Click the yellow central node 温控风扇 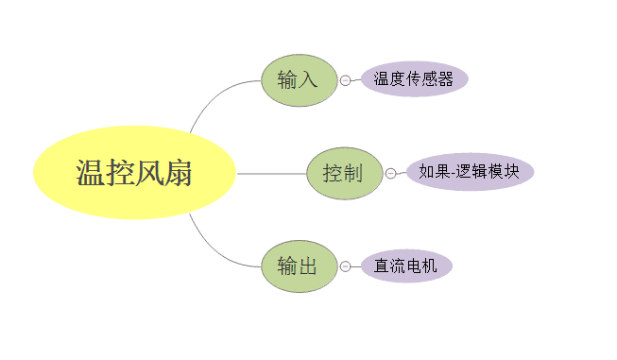[134, 174]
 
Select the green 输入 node [299, 80]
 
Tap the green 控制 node [344, 174]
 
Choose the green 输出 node [299, 266]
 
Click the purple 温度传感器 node [414, 79]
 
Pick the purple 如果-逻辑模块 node [470, 172]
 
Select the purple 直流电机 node [405, 266]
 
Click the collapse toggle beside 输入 [345, 80]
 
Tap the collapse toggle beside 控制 [390, 174]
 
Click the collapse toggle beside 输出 [345, 266]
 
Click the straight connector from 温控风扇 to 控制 [271, 174]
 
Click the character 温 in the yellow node [91, 174]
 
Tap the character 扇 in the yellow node [178, 174]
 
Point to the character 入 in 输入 [308, 80]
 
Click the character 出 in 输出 [308, 266]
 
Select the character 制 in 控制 [353, 174]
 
